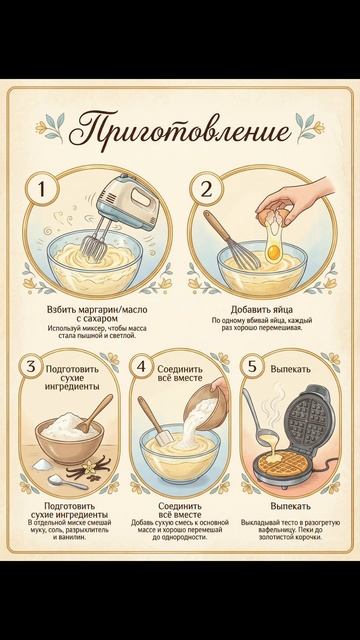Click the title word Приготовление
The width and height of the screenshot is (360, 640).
180,130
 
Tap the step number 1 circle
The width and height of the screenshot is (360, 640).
42,189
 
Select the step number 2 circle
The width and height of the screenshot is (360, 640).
207,189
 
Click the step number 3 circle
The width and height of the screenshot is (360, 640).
31,366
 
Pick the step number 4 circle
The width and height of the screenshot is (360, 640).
141,366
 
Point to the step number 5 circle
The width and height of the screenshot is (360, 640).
252,366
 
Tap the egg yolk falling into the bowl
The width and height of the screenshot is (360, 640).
273,251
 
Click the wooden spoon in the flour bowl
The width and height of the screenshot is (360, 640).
95,413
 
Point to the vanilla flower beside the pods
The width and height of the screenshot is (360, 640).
89,467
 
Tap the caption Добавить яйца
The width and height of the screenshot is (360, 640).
262,309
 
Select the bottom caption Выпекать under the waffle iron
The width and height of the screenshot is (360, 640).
291,506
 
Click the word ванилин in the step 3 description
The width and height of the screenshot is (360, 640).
73,537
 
